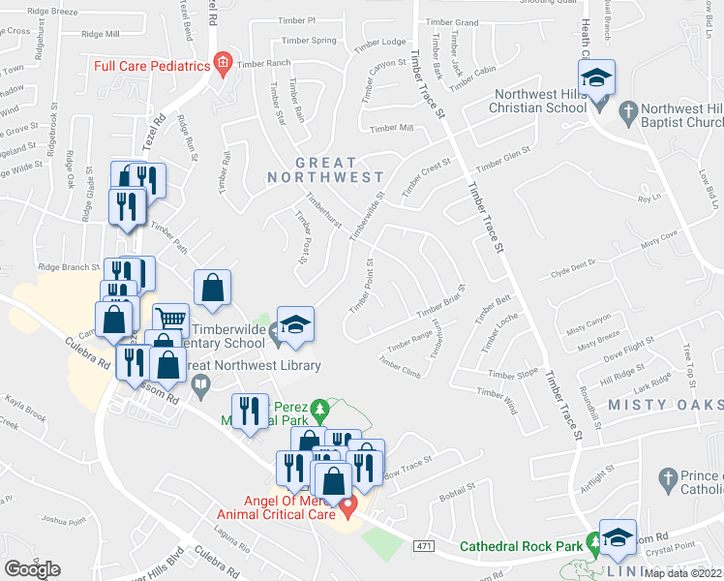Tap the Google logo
(x=32, y=569)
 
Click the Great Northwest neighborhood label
(x=326, y=170)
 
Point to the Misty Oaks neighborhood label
(x=665, y=403)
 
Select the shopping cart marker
(x=171, y=319)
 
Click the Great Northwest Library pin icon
(x=200, y=385)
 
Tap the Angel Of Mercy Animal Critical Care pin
(x=351, y=503)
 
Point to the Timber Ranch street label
(x=263, y=64)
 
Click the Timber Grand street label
(x=451, y=21)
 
